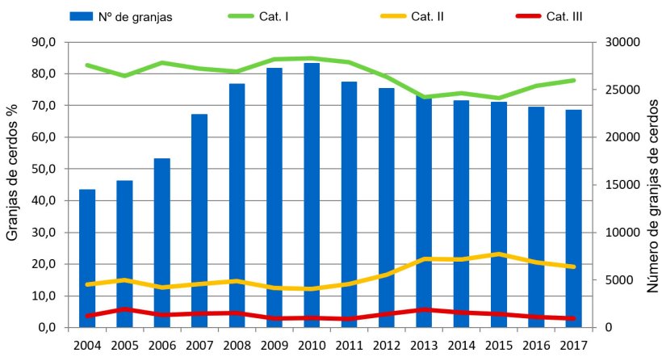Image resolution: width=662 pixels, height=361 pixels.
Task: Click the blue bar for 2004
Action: [x=86, y=258]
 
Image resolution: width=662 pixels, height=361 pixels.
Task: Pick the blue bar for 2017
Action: [x=574, y=218]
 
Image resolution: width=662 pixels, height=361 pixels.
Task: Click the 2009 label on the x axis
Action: [x=274, y=346]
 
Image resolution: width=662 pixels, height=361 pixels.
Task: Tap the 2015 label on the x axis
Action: [x=499, y=346]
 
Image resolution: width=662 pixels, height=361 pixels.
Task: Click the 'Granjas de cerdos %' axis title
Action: [x=13, y=184]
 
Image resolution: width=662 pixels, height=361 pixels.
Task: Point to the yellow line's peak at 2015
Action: [x=499, y=254]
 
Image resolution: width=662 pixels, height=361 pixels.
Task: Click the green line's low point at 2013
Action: [x=424, y=97]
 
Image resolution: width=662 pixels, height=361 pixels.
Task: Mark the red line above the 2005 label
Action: [x=124, y=309]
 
